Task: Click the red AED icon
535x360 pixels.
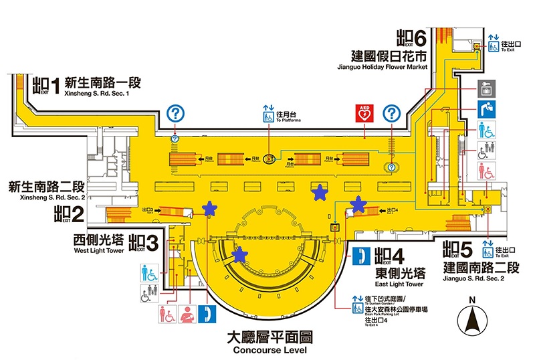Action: [364, 113]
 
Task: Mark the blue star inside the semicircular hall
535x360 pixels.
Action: [239, 254]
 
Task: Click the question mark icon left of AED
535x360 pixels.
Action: [175, 113]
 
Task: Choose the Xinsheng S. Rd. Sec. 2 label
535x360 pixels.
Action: [45, 197]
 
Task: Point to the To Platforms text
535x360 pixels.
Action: [288, 120]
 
